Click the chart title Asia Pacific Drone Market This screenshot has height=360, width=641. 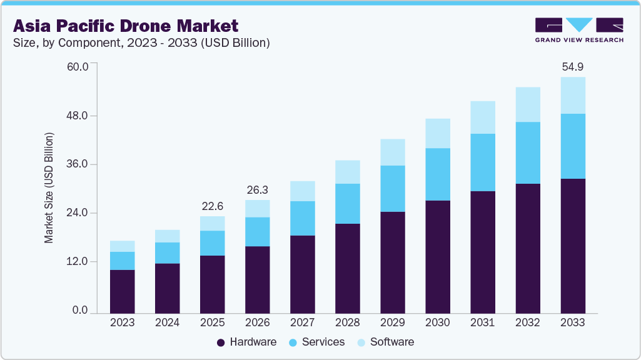coord(126,26)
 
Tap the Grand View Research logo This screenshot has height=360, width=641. coord(578,30)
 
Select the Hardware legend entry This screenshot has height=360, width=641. coord(246,342)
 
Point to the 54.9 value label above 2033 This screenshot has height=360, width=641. coord(572,66)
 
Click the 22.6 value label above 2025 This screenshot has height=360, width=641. coord(212,206)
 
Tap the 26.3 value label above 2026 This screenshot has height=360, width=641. coord(257,189)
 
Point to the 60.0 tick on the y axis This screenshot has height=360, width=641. coord(78,66)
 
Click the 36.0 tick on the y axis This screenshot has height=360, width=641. coord(78,164)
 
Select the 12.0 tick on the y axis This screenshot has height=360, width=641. coord(78,261)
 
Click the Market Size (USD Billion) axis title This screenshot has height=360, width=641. coord(49,188)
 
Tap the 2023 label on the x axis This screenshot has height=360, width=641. coord(122,322)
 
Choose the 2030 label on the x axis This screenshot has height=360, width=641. coord(437,322)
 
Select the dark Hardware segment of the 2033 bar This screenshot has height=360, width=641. coord(572,246)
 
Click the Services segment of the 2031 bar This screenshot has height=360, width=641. coord(482,162)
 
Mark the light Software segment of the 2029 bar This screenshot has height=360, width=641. coord(392,152)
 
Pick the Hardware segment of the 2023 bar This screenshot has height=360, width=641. coord(122,291)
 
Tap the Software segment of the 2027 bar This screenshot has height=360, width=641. coord(302,191)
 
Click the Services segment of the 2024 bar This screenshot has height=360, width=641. coord(167,253)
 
